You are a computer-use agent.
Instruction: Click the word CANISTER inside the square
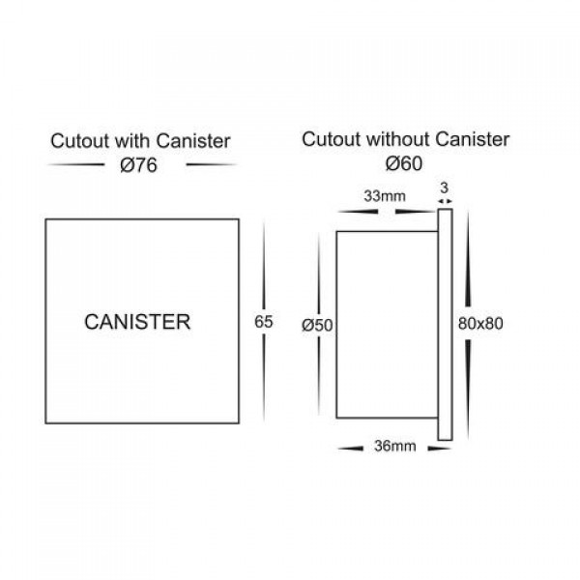coord(137,322)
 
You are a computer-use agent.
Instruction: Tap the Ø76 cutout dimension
coord(138,165)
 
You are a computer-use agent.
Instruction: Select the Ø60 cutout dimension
coord(403,163)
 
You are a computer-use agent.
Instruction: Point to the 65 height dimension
coord(263,322)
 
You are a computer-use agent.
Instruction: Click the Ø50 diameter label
coord(317,325)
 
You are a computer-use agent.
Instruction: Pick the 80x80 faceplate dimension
coord(480,324)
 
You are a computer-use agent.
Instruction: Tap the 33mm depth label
coord(385,196)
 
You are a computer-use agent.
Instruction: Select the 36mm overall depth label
coord(395,446)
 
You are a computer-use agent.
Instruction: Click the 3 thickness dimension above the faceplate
coord(445,188)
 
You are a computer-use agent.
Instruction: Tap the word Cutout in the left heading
coord(80,141)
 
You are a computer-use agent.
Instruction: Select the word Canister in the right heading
coord(473,140)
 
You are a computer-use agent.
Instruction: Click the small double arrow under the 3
coord(445,201)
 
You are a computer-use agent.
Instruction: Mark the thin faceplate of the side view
coord(446,325)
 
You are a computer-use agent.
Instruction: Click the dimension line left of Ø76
coord(76,164)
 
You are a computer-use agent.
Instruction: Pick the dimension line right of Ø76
coord(211,164)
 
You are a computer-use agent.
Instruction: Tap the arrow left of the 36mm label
coord(350,449)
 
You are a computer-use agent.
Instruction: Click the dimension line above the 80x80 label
coord(468,259)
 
